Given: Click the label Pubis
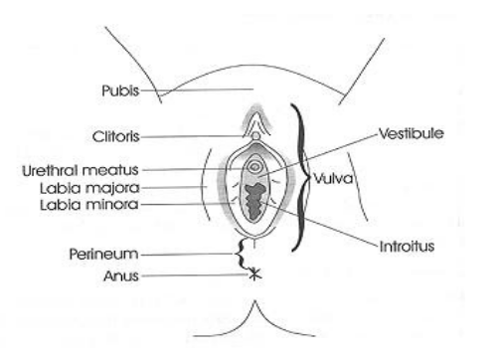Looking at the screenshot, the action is point(120,90).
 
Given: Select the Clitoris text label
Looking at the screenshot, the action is point(115,136).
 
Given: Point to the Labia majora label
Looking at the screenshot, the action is point(89,188).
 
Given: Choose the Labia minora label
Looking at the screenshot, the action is point(88,205).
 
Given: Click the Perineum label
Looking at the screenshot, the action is point(103,254).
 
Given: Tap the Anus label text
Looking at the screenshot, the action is point(121,275).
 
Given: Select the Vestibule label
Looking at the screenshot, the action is point(412,133).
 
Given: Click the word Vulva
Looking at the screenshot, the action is point(333,179).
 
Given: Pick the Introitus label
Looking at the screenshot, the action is point(407,247).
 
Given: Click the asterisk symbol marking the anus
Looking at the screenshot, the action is point(254,274).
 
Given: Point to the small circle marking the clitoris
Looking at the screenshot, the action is point(255,135).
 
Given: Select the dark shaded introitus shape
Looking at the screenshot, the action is point(254,201).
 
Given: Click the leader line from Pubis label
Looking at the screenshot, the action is point(197,90).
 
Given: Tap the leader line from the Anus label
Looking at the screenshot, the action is point(195,275).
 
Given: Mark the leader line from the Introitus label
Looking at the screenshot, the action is point(319,224).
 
